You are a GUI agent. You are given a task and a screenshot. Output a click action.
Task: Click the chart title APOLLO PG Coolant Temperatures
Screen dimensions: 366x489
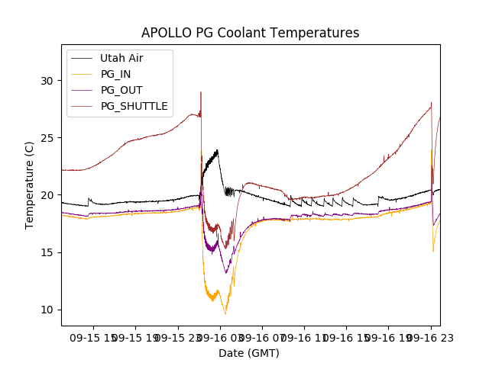point(250,33)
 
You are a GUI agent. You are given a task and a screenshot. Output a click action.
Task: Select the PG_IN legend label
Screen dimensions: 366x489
point(116,74)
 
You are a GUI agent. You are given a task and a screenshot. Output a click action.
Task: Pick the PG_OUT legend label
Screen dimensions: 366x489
point(121,90)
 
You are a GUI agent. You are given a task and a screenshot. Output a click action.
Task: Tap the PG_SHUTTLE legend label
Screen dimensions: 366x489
point(134,106)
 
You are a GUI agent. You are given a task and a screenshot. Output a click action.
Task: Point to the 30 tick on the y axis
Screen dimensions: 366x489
point(47,81)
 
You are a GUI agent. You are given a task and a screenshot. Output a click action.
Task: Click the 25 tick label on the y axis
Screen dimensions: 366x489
point(47,138)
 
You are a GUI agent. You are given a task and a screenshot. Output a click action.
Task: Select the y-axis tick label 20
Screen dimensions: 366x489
point(47,195)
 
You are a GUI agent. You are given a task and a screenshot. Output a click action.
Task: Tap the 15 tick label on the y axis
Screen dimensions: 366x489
point(47,252)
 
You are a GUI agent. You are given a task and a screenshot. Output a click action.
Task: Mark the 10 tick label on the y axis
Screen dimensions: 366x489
point(47,310)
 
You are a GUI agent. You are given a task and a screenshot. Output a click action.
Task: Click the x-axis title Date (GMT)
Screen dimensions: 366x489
point(249,353)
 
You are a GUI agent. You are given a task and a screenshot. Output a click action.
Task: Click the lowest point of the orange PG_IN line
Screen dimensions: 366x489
point(225,314)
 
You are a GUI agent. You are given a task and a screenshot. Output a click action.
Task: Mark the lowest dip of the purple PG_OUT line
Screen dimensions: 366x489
point(226,272)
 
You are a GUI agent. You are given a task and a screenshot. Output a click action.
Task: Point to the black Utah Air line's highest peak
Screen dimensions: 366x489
point(218,150)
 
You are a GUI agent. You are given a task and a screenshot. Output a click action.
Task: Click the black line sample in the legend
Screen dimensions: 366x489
point(81,58)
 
